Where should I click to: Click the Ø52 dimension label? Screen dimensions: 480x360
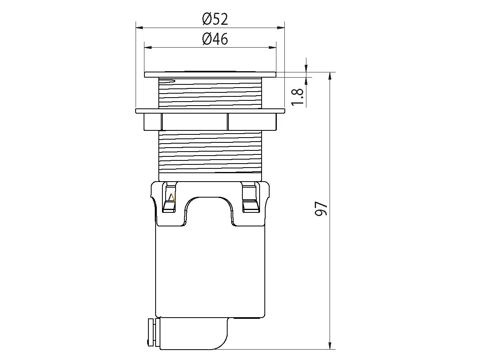click(215, 19)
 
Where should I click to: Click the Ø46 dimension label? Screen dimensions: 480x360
click(215, 39)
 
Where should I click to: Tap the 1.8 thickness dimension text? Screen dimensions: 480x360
click(298, 97)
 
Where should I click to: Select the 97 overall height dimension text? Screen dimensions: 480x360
click(321, 209)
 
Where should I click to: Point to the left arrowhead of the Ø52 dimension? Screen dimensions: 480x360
click(139, 28)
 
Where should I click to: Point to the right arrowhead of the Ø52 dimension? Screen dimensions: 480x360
click(281, 28)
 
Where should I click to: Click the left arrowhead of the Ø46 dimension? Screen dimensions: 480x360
click(148, 48)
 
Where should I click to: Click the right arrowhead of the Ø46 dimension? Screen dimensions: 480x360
click(272, 48)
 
